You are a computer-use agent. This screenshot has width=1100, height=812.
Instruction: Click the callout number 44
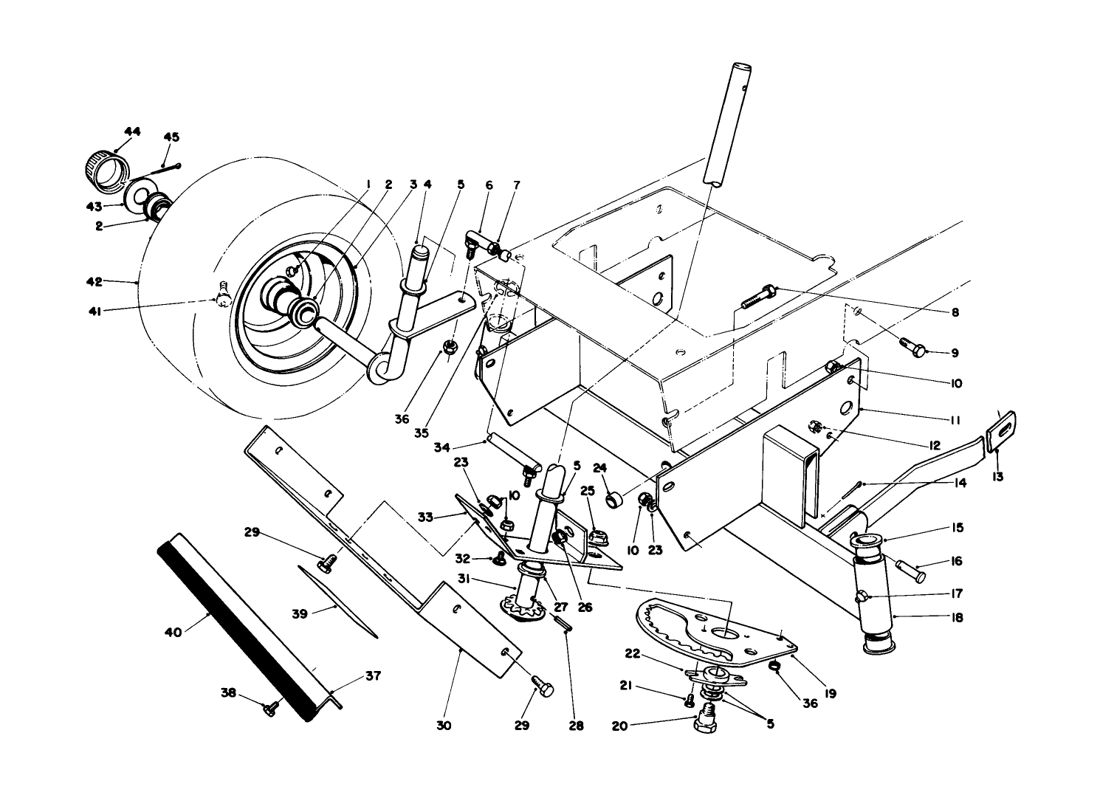132,131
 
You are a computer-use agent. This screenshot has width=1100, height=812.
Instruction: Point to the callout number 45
171,137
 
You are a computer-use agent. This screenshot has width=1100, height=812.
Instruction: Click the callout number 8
955,312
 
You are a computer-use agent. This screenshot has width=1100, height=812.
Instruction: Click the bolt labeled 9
913,347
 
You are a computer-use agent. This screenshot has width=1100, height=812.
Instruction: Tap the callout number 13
998,477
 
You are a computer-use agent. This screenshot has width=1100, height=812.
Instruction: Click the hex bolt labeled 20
707,718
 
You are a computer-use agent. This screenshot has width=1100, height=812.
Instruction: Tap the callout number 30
443,726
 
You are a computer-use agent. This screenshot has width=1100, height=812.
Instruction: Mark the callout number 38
229,692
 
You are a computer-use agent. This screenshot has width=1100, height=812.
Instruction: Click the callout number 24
599,467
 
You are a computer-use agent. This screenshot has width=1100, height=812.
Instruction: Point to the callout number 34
441,446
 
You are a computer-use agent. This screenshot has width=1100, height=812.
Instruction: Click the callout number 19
831,694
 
